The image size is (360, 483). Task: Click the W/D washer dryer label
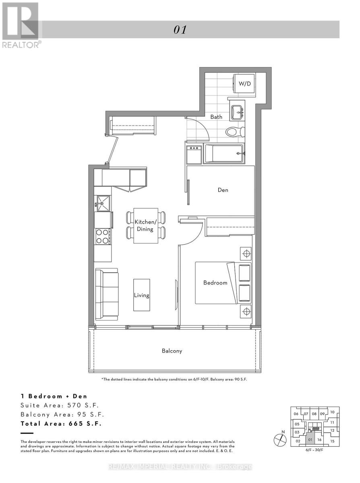point(244,84)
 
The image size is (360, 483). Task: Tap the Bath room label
point(216,117)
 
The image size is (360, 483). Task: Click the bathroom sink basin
point(236,110)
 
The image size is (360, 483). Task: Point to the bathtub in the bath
point(224,154)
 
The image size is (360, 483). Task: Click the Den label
point(223,190)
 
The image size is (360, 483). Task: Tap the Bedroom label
point(215,283)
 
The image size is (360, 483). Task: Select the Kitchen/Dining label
point(145,225)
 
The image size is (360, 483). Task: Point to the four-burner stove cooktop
point(102,236)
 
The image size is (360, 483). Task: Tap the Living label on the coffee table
point(141,295)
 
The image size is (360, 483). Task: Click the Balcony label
point(172,351)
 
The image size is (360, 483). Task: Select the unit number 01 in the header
point(180,30)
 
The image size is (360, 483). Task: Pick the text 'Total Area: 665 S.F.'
point(61,423)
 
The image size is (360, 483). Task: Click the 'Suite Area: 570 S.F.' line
point(59,405)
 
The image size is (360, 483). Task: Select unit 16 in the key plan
point(319,440)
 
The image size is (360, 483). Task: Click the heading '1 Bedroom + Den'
point(54,396)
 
